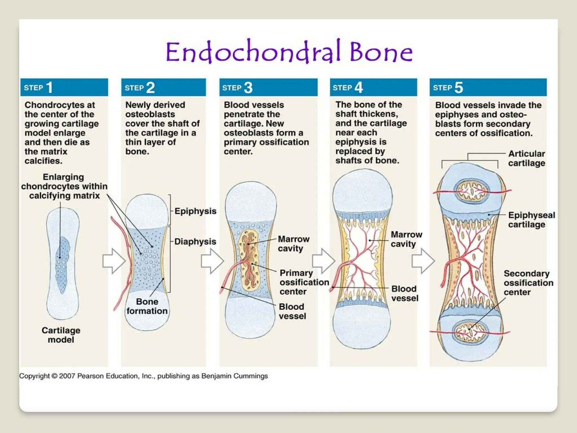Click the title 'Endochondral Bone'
[289, 52]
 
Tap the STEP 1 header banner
[64, 87]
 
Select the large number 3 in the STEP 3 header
[248, 88]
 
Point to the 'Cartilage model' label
[61, 335]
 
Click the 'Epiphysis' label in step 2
[195, 211]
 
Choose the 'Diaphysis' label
[195, 242]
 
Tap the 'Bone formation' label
[147, 306]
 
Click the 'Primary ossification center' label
[304, 282]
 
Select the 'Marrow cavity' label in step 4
[406, 239]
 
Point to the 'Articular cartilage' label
[526, 158]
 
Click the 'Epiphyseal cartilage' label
[531, 220]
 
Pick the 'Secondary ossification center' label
[528, 283]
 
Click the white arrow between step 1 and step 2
[114, 261]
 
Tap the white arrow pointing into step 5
[423, 261]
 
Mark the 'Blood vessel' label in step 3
[292, 311]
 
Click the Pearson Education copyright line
[143, 376]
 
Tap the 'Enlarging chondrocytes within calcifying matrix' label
[64, 186]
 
